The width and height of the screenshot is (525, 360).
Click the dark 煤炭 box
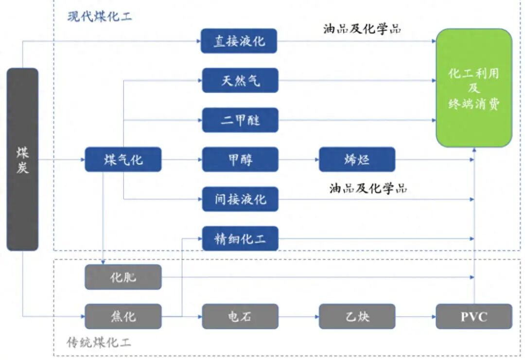[22, 159]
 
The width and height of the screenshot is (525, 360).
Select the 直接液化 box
[239, 41]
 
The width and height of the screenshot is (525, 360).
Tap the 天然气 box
[240, 80]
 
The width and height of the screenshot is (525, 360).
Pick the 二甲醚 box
[240, 120]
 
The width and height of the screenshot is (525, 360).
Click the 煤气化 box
[123, 160]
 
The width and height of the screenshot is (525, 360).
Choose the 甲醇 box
[240, 160]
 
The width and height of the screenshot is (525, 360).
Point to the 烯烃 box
[357, 160]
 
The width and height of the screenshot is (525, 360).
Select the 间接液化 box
[240, 199]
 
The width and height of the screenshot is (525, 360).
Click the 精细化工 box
[240, 238]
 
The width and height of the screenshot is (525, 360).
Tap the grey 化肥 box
[123, 277]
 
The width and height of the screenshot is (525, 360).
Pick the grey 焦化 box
[123, 316]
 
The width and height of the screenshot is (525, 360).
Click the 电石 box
[240, 316]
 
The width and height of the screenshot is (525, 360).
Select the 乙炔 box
[357, 316]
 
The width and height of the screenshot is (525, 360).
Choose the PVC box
[474, 316]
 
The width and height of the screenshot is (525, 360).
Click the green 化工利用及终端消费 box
[474, 88]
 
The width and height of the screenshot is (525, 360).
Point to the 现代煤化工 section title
[100, 17]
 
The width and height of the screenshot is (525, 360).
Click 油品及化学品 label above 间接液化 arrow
[368, 188]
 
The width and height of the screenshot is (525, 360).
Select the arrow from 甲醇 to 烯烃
[298, 160]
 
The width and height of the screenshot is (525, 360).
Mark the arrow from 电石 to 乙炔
[298, 317]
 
